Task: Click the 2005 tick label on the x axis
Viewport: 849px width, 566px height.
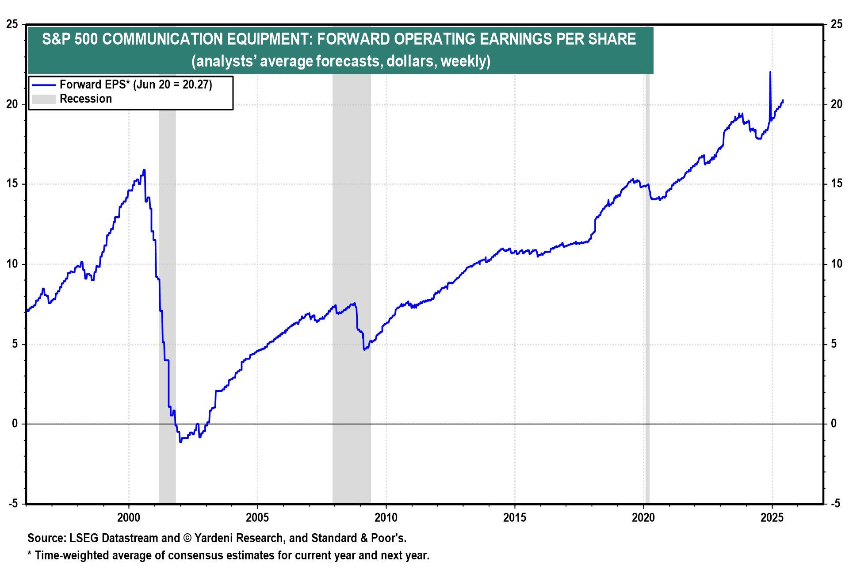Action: pos(257,517)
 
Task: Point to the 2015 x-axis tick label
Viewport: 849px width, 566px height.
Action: pos(515,517)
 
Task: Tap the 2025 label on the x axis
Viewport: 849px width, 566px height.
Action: pos(772,517)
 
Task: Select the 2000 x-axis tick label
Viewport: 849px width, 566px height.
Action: pos(129,517)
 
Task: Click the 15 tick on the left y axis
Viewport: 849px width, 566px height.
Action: pos(12,184)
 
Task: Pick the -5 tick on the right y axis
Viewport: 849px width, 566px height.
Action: pos(835,503)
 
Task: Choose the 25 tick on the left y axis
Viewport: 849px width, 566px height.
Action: pos(12,24)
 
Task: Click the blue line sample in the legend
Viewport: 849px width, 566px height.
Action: pos(44,85)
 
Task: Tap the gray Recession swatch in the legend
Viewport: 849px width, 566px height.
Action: pos(44,99)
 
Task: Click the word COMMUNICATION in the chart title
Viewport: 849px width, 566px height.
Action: pos(162,39)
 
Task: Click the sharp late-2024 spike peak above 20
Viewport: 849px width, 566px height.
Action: pos(770,72)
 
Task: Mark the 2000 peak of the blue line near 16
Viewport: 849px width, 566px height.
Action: pos(144,170)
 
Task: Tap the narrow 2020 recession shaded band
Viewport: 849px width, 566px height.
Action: pos(647,287)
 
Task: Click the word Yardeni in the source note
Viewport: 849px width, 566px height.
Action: pos(214,538)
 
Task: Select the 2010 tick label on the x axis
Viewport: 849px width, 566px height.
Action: pos(386,517)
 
